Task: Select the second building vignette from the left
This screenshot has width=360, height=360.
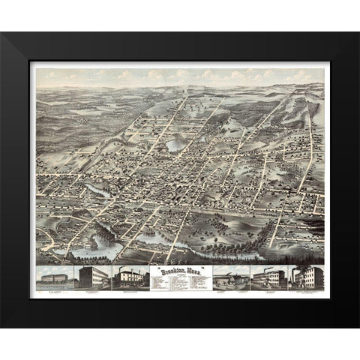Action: click(x=91, y=276)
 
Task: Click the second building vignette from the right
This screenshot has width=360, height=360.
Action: click(x=269, y=277)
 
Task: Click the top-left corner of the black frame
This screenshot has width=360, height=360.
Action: click(x=2, y=33)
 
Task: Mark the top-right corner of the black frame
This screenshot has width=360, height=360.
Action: click(x=357, y=33)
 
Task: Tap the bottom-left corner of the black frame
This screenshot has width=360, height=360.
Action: click(x=2, y=326)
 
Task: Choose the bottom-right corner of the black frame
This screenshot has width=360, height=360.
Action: click(x=357, y=326)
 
